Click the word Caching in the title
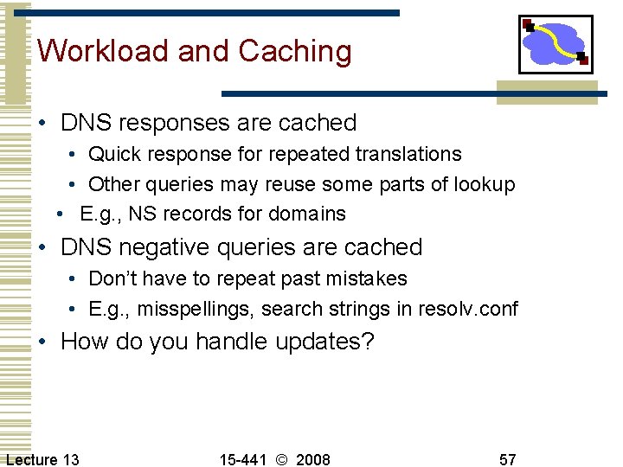295,51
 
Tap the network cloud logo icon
555,43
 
